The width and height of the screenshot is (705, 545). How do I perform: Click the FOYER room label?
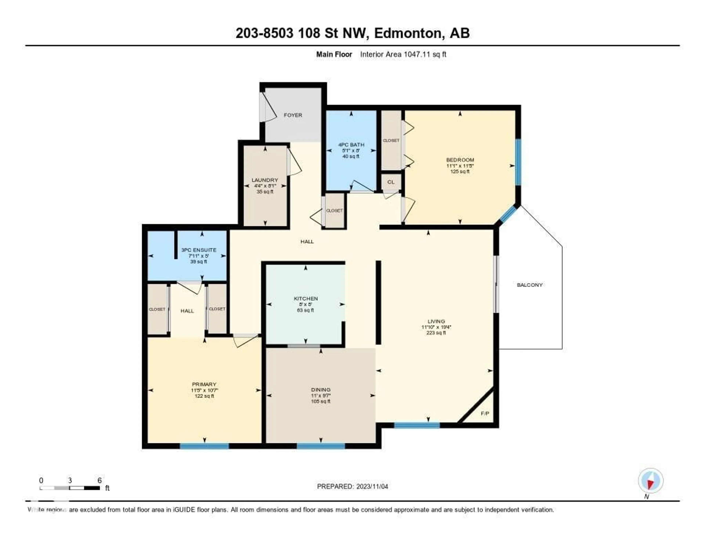tap(293, 115)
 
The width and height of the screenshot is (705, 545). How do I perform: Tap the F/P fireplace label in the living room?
tap(485, 413)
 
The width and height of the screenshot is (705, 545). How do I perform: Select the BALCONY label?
tap(529, 285)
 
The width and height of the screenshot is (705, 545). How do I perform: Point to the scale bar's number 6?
tap(100, 480)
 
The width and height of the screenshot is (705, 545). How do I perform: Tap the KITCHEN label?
tap(306, 299)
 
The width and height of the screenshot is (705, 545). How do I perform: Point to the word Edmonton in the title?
tap(407, 33)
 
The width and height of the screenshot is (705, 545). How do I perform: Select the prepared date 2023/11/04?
tap(372, 487)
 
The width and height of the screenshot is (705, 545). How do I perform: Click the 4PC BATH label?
tap(351, 145)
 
